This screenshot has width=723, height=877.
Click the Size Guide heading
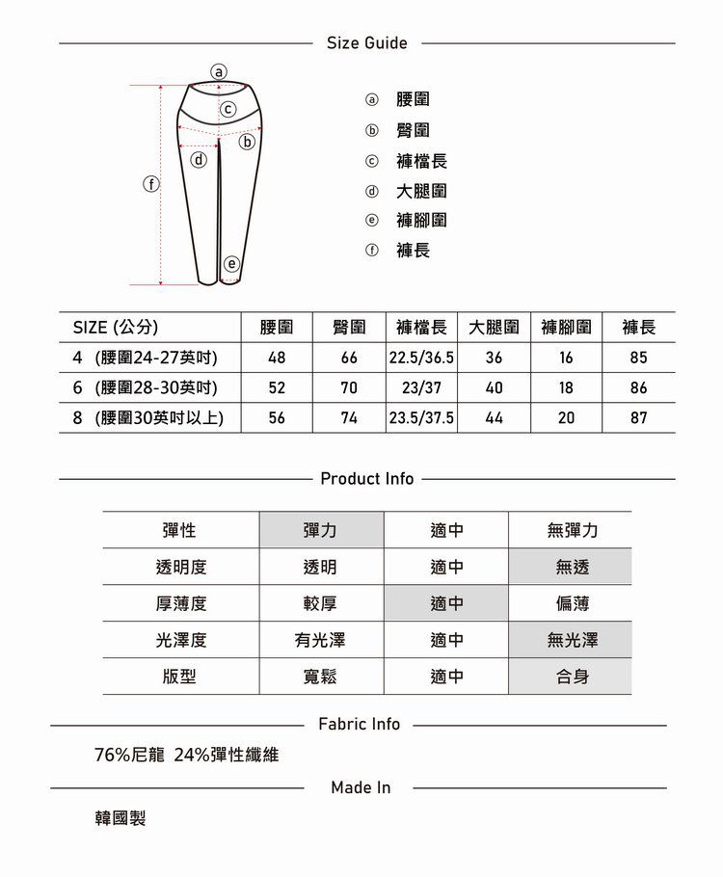(x=366, y=43)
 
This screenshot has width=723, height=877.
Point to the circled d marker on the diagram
(x=199, y=159)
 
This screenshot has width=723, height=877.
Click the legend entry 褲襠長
(x=421, y=161)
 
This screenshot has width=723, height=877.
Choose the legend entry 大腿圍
(x=421, y=191)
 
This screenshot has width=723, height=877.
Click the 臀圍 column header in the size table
(x=348, y=328)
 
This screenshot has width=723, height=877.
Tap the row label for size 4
(x=145, y=359)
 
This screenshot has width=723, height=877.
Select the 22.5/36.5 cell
(x=421, y=359)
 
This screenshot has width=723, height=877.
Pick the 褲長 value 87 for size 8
(x=638, y=418)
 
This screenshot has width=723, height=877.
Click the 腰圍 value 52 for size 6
(x=277, y=388)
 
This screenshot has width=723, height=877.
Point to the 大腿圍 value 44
(x=495, y=418)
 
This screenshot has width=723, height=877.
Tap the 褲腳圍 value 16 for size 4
(x=566, y=359)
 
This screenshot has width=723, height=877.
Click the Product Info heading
(x=366, y=479)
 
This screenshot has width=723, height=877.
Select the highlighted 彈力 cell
(x=320, y=531)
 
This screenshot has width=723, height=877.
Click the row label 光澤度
(x=180, y=640)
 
